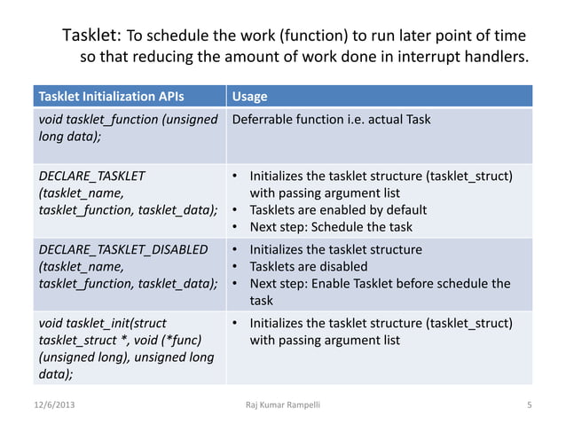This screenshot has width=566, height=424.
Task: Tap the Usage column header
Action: (x=248, y=96)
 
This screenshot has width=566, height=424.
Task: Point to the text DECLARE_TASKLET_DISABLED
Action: (x=122, y=249)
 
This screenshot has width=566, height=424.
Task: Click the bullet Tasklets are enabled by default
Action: (x=337, y=210)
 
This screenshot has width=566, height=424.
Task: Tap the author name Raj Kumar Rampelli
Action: (x=282, y=405)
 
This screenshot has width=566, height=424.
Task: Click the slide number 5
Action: (x=529, y=405)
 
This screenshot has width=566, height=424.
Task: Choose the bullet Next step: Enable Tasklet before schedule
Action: (x=380, y=283)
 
